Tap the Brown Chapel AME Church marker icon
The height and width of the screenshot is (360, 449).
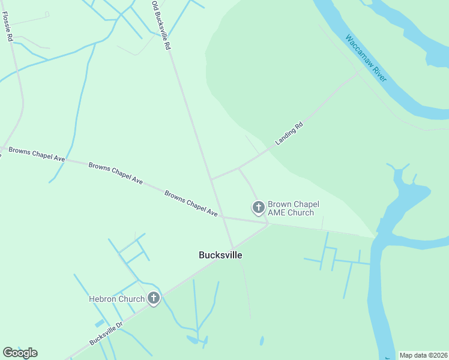[x=258, y=208]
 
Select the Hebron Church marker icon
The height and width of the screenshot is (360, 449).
[x=154, y=298]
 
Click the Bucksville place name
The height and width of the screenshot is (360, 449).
[x=220, y=255]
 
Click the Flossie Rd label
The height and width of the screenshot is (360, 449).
[x=8, y=27]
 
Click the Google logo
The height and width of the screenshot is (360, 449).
[x=20, y=353]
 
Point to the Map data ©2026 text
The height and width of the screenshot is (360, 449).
[x=423, y=355]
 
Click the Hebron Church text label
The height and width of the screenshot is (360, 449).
[x=116, y=299]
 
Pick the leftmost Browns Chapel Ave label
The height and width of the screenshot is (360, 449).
[x=34, y=154]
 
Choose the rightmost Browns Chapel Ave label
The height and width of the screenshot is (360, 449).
[x=191, y=203]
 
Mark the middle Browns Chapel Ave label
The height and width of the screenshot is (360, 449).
[x=115, y=173]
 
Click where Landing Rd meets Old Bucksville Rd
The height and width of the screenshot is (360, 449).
[x=211, y=179]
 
